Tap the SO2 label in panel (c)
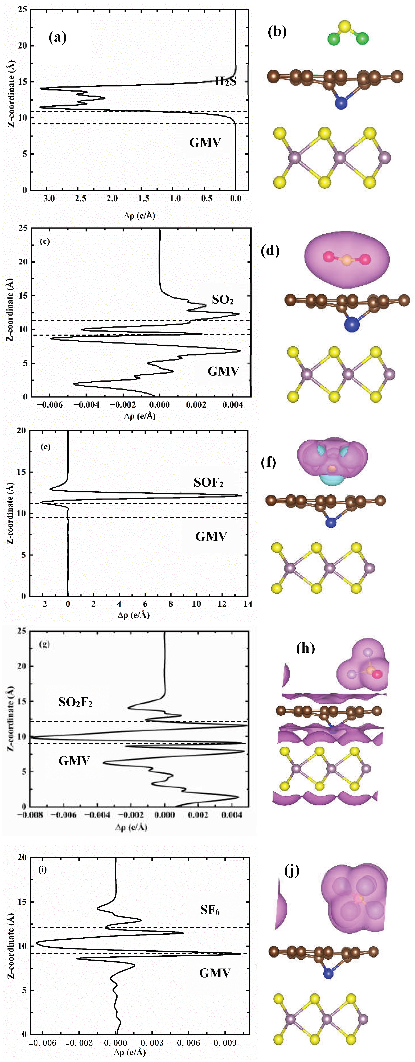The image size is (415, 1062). click(222, 300)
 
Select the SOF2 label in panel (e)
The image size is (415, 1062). click(208, 482)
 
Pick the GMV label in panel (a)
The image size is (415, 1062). click(205, 143)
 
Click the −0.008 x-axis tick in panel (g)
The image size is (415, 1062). click(30, 815)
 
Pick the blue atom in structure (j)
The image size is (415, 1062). click(328, 974)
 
